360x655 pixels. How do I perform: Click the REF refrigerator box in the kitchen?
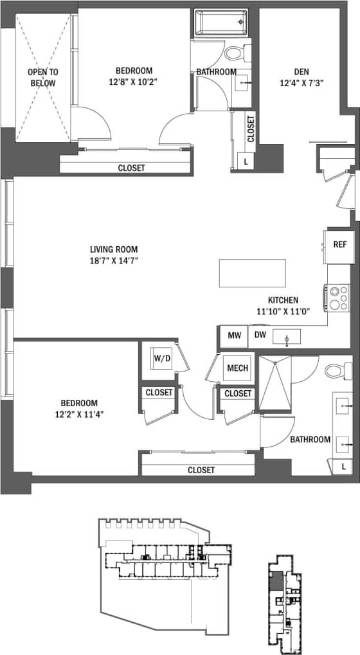pyautogui.click(x=339, y=245)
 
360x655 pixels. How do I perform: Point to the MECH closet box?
pyautogui.click(x=237, y=368)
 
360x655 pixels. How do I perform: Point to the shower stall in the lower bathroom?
pyautogui.click(x=274, y=382)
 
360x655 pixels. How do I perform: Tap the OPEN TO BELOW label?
pyautogui.click(x=42, y=77)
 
